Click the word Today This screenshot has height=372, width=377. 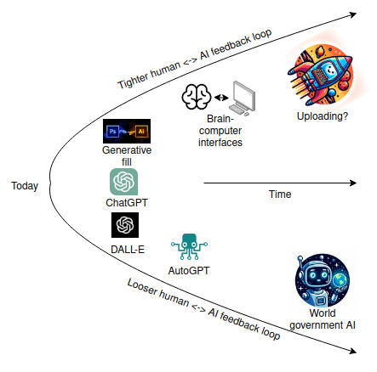click(25, 186)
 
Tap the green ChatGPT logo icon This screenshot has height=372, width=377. click(123, 182)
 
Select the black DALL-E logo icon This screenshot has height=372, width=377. click(125, 225)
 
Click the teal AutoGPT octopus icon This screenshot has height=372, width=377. click(189, 246)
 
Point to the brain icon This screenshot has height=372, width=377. click(197, 97)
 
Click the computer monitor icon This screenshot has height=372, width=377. click(242, 99)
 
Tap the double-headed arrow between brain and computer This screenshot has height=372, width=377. click(221, 98)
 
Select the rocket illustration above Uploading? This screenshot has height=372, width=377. click(321, 75)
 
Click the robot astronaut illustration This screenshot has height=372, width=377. click(323, 280)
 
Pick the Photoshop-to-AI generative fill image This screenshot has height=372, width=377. click(127, 131)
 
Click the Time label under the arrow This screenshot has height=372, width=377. click(280, 194)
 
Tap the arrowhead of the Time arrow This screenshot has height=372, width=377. click(353, 183)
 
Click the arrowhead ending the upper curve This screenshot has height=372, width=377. click(353, 14)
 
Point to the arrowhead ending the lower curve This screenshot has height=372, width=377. click(353, 351)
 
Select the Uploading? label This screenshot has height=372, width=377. click(323, 116)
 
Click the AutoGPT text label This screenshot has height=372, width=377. click(189, 271)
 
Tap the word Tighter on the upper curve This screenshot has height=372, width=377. click(133, 81)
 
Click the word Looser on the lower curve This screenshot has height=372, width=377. click(142, 287)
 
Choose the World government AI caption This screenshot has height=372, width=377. click(323, 319)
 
